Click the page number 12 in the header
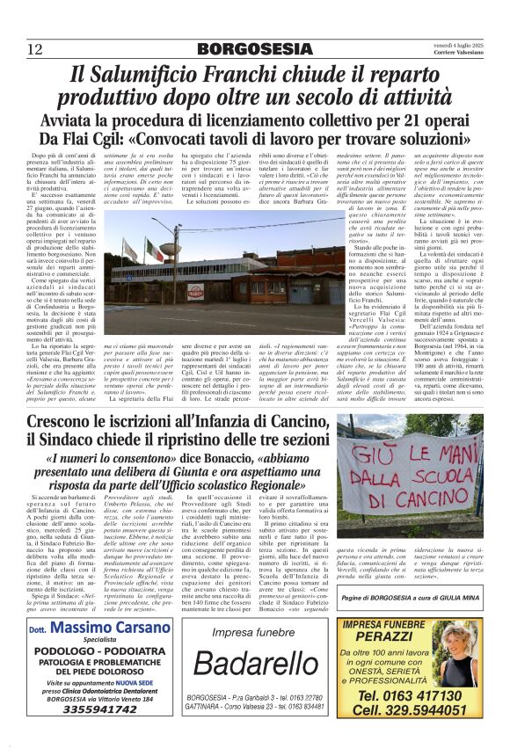click(34, 48)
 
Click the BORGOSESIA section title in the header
click(255, 48)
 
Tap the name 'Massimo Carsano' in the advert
click(99, 632)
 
